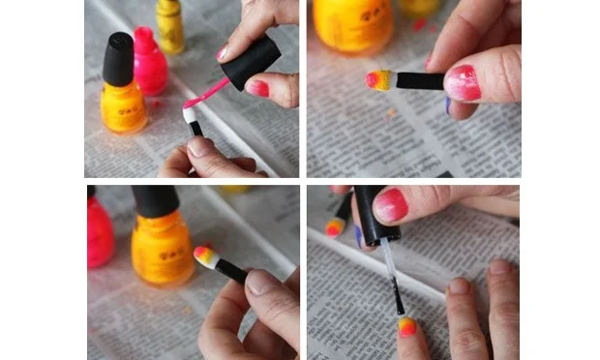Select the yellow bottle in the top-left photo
[170, 26]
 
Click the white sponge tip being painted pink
[189, 115]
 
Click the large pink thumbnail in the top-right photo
[462, 83]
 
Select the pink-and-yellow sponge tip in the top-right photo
[378, 80]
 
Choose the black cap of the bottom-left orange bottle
[155, 201]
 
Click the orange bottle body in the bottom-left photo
[163, 249]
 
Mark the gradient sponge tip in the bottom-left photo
[204, 256]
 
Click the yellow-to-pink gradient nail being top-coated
[406, 326]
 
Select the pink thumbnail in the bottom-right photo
[391, 204]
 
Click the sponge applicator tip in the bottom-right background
[335, 228]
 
